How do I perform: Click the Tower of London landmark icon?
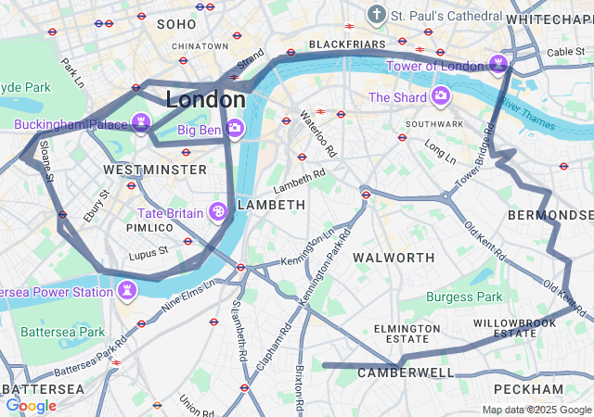tap(499, 64)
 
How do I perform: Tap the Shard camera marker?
tap(440, 96)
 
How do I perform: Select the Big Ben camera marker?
tap(234, 127)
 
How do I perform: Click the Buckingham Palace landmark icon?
tap(141, 121)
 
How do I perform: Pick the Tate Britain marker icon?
tap(219, 213)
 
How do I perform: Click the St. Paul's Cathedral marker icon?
tap(376, 15)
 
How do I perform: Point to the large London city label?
tap(205, 99)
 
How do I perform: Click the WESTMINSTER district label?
tap(155, 171)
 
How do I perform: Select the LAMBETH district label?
tap(271, 204)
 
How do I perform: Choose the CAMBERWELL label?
tap(406, 373)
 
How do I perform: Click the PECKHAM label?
tap(528, 388)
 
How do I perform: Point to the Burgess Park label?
tap(463, 297)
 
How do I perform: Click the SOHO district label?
tap(176, 24)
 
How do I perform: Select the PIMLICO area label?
tap(150, 227)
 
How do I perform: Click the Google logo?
tap(31, 405)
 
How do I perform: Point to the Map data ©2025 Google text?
tap(536, 410)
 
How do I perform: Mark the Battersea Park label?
tap(62, 331)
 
